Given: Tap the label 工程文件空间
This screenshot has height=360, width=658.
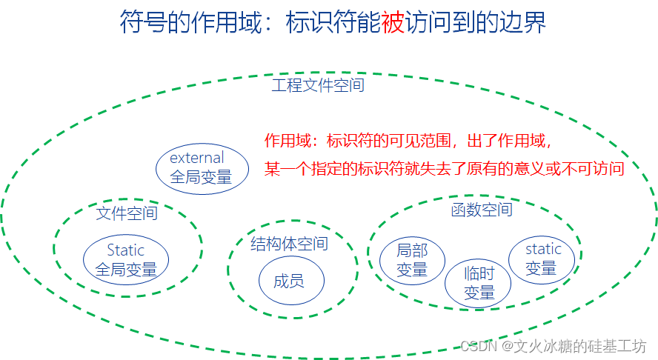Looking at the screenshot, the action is [x=318, y=85].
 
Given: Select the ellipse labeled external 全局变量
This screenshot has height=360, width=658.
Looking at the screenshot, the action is [x=201, y=168].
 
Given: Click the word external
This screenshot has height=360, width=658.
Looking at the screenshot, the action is [x=197, y=158].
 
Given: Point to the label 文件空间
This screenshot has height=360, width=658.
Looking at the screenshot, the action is [x=127, y=214].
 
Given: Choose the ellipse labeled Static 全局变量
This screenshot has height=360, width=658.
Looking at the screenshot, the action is [x=126, y=261].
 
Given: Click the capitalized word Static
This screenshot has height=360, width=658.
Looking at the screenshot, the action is [x=126, y=250].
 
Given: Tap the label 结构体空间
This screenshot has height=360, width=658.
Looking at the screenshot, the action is [x=289, y=244].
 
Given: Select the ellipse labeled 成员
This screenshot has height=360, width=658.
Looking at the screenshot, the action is [x=289, y=281].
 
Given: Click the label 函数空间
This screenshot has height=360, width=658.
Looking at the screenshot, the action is [x=482, y=210].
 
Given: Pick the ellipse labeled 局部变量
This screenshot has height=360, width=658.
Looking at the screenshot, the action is [x=412, y=261].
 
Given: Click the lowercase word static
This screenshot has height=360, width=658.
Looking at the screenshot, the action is [x=543, y=249].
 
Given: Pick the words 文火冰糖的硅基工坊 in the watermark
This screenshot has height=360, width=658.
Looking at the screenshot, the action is [x=581, y=346].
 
